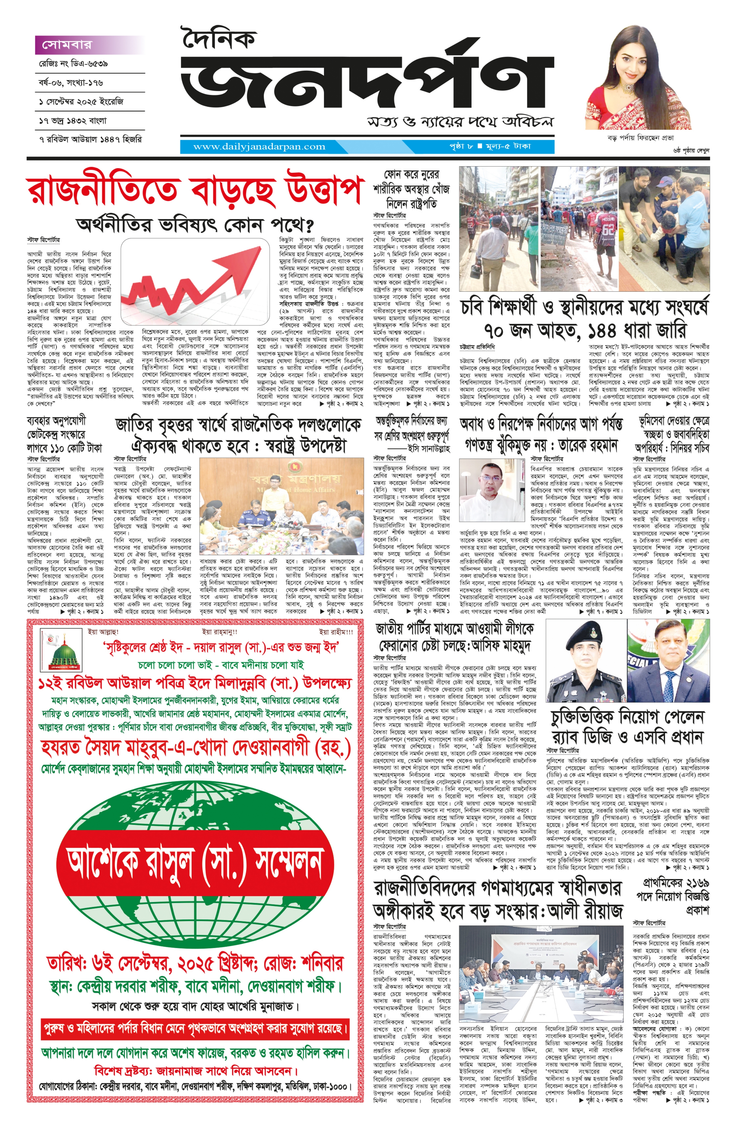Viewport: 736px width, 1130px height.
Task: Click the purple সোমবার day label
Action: click(x=66, y=45)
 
